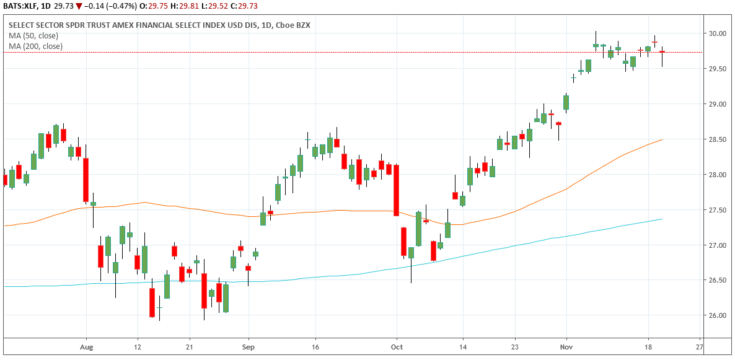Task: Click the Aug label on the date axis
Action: (87, 347)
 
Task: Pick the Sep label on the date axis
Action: (248, 347)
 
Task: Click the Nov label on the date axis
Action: (566, 347)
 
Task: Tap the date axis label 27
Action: (700, 347)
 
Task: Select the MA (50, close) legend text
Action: (33, 36)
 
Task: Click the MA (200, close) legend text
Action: (35, 46)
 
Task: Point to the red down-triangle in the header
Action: (79, 6)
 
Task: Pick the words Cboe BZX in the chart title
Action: (292, 25)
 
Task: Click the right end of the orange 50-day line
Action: (662, 140)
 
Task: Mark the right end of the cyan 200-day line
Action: (662, 219)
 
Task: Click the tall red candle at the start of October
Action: (396, 190)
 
